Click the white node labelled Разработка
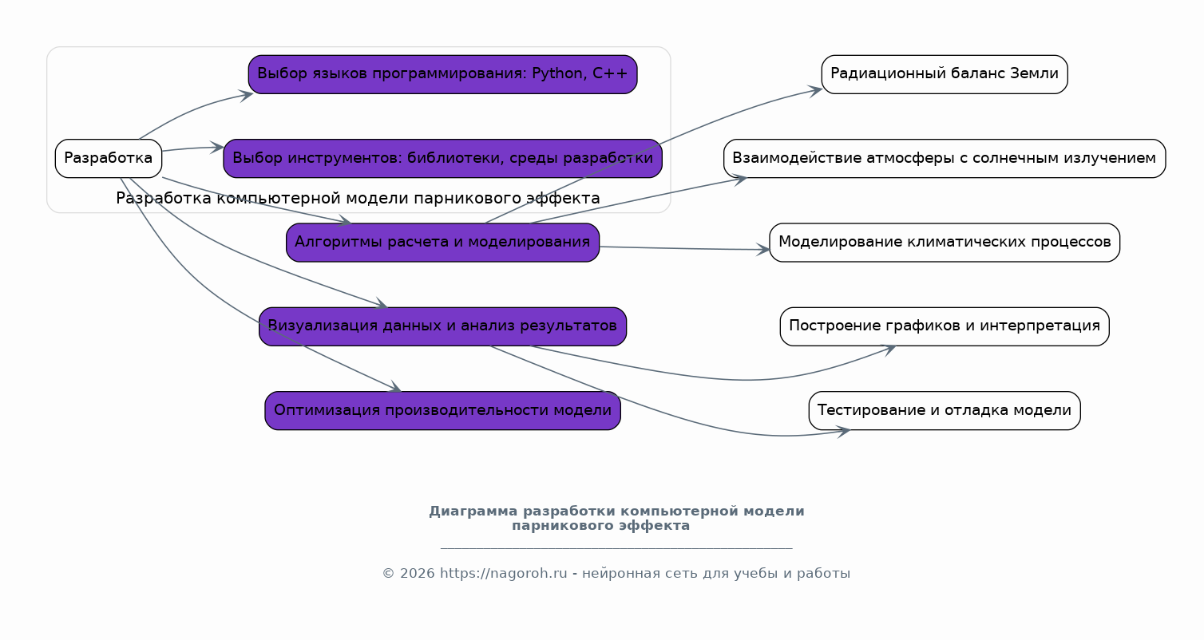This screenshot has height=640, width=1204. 109,158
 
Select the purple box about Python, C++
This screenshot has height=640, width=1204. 442,74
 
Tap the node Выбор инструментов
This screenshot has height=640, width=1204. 442,158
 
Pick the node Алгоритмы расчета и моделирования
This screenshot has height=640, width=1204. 442,242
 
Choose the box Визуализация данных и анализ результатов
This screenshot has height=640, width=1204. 442,326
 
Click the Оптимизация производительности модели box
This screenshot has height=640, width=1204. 442,410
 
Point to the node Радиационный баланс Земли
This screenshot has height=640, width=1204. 944,74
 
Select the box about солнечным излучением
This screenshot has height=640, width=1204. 944,158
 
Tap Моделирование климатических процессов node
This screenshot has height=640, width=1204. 944,242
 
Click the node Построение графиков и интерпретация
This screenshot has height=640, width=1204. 944,326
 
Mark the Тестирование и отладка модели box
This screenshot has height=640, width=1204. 944,410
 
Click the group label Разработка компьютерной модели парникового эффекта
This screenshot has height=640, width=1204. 358,198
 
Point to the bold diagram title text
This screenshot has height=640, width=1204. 616,518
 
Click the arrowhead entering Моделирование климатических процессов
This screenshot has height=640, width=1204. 764,250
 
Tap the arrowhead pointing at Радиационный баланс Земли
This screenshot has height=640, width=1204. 816,89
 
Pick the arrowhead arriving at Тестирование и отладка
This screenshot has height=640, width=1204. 843,431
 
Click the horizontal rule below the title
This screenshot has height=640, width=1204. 616,548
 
